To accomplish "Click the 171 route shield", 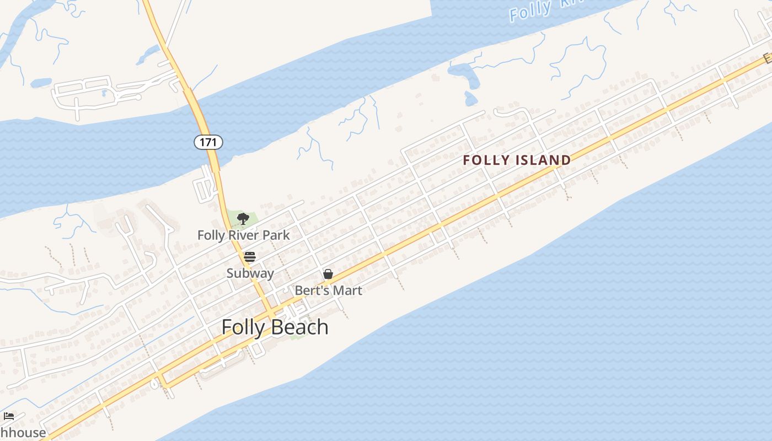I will pyautogui.click(x=208, y=142).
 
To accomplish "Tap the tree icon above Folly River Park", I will pyautogui.click(x=243, y=219).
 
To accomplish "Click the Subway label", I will pyautogui.click(x=250, y=273).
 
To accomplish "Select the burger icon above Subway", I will pyautogui.click(x=250, y=257).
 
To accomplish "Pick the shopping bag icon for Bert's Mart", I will pyautogui.click(x=328, y=274).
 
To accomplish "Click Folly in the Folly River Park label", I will pyautogui.click(x=211, y=235).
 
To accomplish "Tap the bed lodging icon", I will pyautogui.click(x=8, y=416).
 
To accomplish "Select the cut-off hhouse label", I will pyautogui.click(x=23, y=432).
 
